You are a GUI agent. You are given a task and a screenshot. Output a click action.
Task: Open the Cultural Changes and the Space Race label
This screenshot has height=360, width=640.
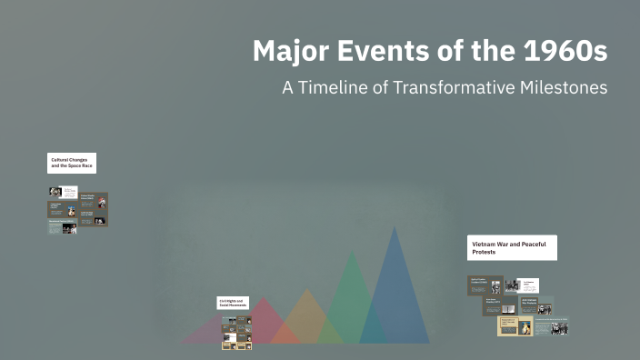click(72, 163)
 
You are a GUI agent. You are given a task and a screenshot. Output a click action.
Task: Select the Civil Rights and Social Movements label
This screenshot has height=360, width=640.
click(235, 304)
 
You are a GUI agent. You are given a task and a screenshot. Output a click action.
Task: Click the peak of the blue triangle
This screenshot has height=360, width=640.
click(395, 228)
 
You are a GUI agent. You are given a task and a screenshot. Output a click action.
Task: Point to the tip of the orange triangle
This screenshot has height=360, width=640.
click(307, 291)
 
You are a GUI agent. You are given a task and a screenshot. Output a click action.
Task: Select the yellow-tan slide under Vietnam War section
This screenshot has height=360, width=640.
click(515, 325)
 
